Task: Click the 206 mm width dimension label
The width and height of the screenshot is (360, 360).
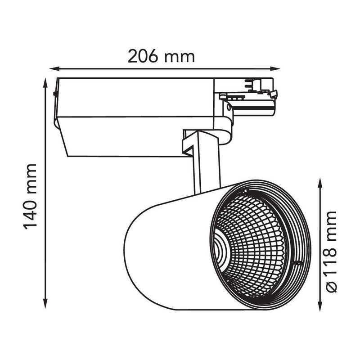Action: tap(161, 56)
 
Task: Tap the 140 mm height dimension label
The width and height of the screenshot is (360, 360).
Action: tap(30, 197)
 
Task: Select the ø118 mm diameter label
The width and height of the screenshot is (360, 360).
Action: tap(331, 252)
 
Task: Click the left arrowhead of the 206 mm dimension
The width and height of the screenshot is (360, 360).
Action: tap(54, 68)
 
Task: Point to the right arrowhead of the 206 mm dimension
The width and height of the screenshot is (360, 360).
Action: tap(275, 68)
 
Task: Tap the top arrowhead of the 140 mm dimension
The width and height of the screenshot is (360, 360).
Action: tap(45, 83)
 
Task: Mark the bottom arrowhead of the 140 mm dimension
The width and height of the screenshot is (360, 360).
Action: tap(45, 303)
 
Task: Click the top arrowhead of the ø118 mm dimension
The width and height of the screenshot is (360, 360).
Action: tap(320, 183)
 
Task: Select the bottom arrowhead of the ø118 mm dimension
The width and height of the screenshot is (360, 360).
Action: tap(320, 306)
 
